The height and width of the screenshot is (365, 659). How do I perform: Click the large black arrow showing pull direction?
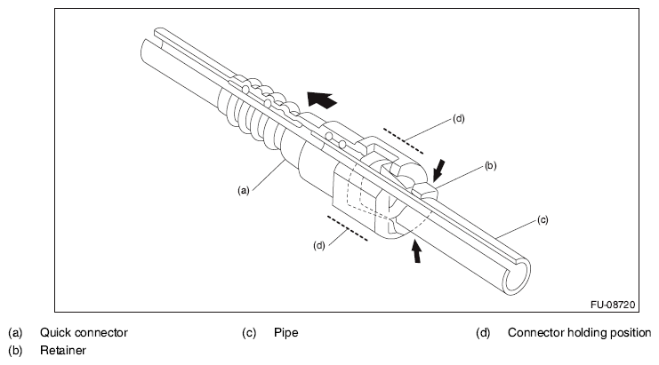(322, 99)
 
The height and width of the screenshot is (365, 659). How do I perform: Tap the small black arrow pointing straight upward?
(416, 251)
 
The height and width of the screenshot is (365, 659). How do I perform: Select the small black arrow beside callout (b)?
(439, 170)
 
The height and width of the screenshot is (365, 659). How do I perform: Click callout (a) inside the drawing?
(244, 190)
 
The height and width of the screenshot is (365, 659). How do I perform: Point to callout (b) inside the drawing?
(490, 166)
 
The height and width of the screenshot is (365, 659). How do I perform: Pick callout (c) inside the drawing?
(542, 220)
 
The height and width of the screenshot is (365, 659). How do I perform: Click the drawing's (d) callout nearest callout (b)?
(459, 119)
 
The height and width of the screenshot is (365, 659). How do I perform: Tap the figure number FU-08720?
(613, 305)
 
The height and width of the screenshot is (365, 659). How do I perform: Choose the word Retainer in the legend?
(63, 350)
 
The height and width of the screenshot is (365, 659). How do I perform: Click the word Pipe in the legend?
(286, 333)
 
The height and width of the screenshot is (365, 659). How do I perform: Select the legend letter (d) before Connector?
(483, 333)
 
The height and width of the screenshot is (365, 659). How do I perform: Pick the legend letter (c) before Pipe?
(249, 333)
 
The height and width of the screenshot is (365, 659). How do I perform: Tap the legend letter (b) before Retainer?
(15, 350)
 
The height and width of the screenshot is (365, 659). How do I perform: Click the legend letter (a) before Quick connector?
(15, 333)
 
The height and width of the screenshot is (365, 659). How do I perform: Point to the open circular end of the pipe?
(517, 277)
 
